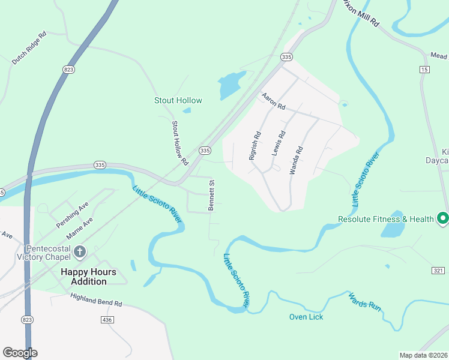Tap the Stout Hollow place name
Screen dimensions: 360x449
[x=178, y=100]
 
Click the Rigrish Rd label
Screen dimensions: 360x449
[x=254, y=146]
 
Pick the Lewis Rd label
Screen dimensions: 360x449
[x=277, y=144]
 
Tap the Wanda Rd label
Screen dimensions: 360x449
[x=295, y=160]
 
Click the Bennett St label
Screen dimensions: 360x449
[x=211, y=196]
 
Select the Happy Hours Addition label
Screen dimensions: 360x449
[x=88, y=277]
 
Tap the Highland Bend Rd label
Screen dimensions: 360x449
[x=96, y=301]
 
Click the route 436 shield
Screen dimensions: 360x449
[x=107, y=320]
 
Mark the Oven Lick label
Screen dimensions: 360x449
[x=306, y=316]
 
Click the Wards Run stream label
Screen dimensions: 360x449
[x=366, y=301]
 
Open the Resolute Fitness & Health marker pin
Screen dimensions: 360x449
[x=443, y=218]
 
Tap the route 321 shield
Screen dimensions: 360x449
[x=438, y=271]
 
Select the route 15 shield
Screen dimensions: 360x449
[x=425, y=70]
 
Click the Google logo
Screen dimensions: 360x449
[x=20, y=353]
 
